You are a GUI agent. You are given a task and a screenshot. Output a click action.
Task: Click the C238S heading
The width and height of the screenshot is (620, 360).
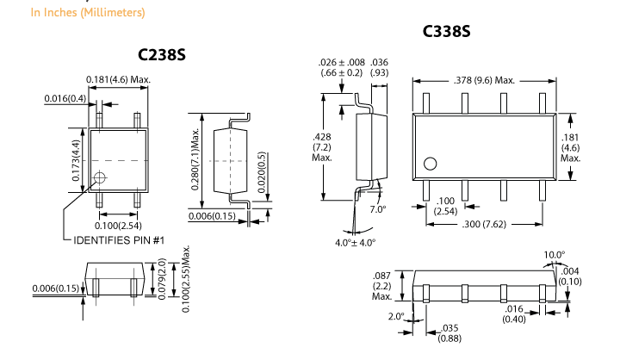(162, 55)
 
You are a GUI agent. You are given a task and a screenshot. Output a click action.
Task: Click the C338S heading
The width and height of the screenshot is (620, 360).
(446, 32)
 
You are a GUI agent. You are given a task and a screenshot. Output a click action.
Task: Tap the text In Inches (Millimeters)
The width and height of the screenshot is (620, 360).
(75, 13)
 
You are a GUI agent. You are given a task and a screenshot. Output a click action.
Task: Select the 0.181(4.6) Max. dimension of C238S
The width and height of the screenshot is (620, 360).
(119, 80)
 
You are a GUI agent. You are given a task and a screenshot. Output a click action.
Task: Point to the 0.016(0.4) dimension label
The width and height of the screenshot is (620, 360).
(65, 99)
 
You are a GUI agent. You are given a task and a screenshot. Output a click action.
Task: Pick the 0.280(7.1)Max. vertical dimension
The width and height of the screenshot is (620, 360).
(195, 160)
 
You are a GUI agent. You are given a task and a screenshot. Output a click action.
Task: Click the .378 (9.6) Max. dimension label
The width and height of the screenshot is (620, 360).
(484, 80)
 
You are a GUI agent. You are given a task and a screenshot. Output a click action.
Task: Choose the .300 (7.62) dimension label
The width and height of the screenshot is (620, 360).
(483, 224)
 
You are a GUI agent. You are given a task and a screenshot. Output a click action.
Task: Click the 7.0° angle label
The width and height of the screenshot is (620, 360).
(378, 209)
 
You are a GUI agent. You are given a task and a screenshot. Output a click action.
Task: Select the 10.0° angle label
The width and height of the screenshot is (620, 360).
(555, 255)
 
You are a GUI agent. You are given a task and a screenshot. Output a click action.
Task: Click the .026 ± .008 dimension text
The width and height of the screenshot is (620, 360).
(342, 63)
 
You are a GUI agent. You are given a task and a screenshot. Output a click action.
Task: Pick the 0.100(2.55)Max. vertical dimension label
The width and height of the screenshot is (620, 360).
(186, 278)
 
